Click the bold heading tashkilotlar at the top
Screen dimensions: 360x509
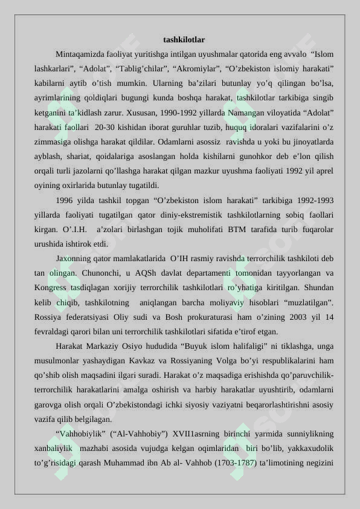(x=184, y=40)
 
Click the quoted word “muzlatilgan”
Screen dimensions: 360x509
(x=305, y=302)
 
